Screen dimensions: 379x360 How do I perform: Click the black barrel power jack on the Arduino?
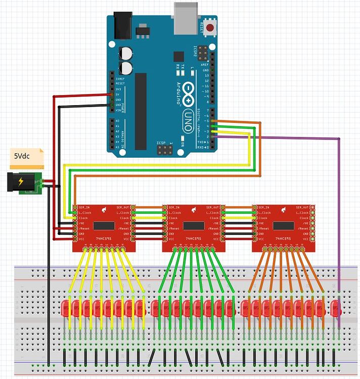tap(122, 25)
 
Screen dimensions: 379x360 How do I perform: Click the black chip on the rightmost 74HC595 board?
tap(283, 225)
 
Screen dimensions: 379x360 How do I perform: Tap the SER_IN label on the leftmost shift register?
tap(83, 207)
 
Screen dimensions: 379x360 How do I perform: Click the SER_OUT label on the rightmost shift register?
tap(303, 207)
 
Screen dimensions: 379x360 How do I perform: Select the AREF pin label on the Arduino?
tap(206, 65)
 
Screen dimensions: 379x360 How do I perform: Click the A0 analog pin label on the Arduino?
tap(118, 121)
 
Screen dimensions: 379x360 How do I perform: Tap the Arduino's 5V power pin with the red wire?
tap(112, 94)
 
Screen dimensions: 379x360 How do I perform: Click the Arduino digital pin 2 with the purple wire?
tap(213, 136)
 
